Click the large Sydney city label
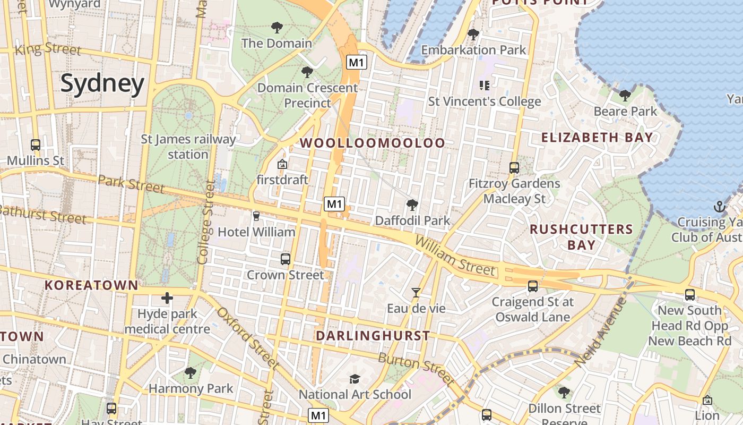tap(102, 84)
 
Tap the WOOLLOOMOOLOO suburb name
tap(373, 143)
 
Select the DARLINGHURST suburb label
tap(373, 336)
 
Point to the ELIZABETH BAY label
tap(597, 138)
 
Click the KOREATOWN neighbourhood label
tap(91, 285)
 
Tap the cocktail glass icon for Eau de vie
tap(416, 293)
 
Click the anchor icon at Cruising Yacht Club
tap(719, 206)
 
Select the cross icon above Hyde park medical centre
tap(167, 298)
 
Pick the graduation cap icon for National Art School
tap(355, 379)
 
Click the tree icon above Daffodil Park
tap(412, 205)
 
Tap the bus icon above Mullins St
tap(36, 144)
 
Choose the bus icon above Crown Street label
tap(286, 259)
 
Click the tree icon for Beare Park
tap(625, 96)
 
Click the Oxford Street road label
tap(247, 338)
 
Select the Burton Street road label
tap(416, 368)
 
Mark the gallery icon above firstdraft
tap(282, 164)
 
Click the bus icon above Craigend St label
tap(533, 286)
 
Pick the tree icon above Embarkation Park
tap(473, 35)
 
